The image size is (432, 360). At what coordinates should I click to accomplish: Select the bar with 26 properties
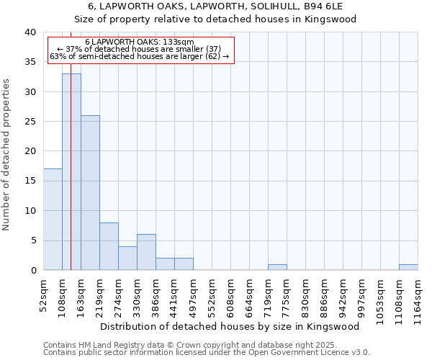[x=90, y=192]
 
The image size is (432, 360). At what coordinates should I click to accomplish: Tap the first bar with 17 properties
[x=53, y=219]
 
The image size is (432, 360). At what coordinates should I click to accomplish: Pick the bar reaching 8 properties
[x=109, y=246]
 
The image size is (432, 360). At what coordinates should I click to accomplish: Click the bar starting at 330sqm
[x=146, y=252]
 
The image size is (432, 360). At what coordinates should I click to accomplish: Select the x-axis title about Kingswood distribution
[x=230, y=326]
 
